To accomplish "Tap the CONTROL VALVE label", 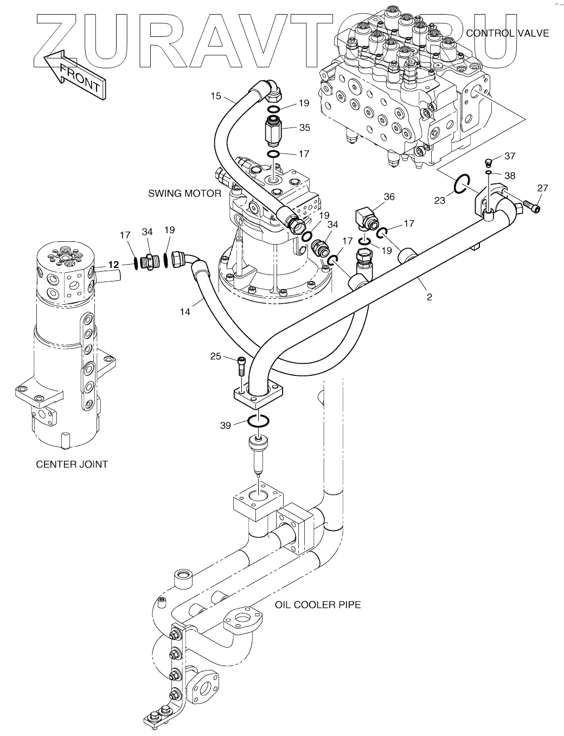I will click(x=508, y=33).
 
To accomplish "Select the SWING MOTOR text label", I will click(x=185, y=194).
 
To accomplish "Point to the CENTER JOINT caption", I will click(x=72, y=464).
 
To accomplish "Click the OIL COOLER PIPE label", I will click(x=318, y=604).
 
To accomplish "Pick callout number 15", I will click(x=216, y=96).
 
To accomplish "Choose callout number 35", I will click(x=304, y=128).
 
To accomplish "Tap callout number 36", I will click(x=389, y=197).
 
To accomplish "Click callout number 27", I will click(x=543, y=188).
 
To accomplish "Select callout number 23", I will click(x=439, y=201).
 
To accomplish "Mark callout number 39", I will click(x=226, y=426).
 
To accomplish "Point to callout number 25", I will click(x=216, y=356).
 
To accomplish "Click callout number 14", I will click(x=185, y=312).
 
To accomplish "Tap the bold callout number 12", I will click(x=113, y=264).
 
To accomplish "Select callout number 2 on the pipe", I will click(x=429, y=297).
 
